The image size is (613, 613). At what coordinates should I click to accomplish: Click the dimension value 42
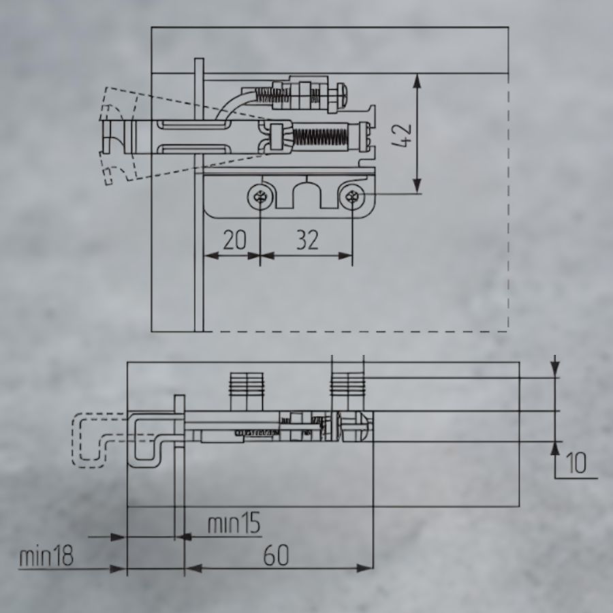[x=401, y=136]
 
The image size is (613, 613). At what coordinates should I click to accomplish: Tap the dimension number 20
[x=234, y=240]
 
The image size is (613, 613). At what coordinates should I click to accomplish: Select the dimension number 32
[x=308, y=240]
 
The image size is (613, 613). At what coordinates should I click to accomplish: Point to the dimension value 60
[x=276, y=555]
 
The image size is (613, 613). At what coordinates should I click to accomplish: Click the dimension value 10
[x=576, y=463]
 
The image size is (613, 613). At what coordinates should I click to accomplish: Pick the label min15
[x=234, y=523]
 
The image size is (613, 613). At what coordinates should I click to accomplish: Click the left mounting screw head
[x=260, y=197]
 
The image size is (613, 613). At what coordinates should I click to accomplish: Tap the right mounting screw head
[x=352, y=197]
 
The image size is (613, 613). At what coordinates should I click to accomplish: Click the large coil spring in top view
[x=320, y=137]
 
